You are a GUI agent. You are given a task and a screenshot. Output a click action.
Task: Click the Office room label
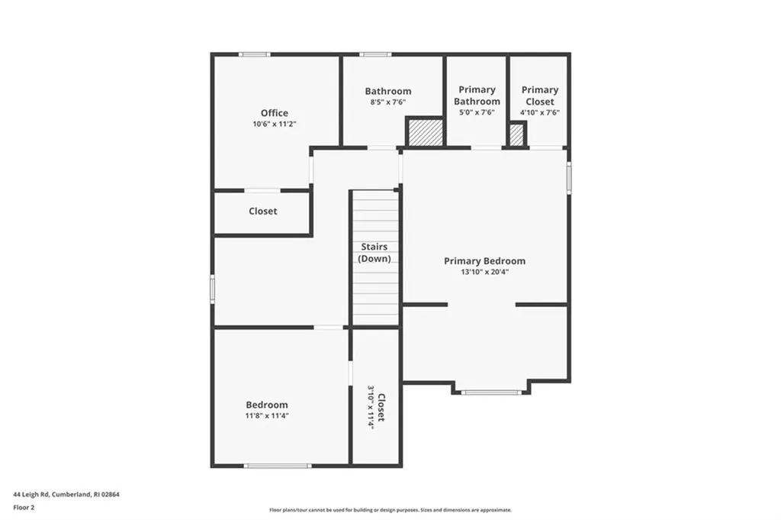coord(275,113)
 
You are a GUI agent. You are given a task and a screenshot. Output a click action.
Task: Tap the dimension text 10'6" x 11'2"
coord(275,124)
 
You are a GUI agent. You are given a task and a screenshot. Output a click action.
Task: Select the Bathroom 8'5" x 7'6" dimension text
coord(387,102)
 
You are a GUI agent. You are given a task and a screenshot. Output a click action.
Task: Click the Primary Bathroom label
coord(477,95)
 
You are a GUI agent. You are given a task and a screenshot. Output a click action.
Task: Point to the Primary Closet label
coord(539,95)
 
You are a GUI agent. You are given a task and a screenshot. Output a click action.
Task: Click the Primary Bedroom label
coord(484,261)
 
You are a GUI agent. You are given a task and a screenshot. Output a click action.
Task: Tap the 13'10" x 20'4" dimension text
coord(484,272)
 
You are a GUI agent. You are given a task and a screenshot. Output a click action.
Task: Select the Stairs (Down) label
coord(374,253)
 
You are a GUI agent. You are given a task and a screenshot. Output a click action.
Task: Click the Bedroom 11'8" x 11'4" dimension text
coord(267,415)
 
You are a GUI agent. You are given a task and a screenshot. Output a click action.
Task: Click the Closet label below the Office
coord(263,212)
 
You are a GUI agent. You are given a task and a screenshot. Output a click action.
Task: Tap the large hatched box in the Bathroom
coord(426,132)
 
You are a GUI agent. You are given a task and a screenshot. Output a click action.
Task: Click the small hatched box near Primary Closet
coord(516,135)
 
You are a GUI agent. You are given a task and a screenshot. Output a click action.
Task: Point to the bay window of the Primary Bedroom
coord(491,392)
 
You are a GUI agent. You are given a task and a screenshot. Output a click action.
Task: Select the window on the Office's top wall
coord(254,54)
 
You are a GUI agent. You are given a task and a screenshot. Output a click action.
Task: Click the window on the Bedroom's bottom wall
coord(278,465)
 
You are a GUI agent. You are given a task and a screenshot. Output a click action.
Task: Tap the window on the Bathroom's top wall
coord(375,54)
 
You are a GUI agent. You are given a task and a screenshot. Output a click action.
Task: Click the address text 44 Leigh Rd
coord(66,494)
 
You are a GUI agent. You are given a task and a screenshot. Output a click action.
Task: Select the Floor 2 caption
coord(24,506)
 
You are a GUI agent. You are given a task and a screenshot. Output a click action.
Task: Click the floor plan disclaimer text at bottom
coord(390,510)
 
